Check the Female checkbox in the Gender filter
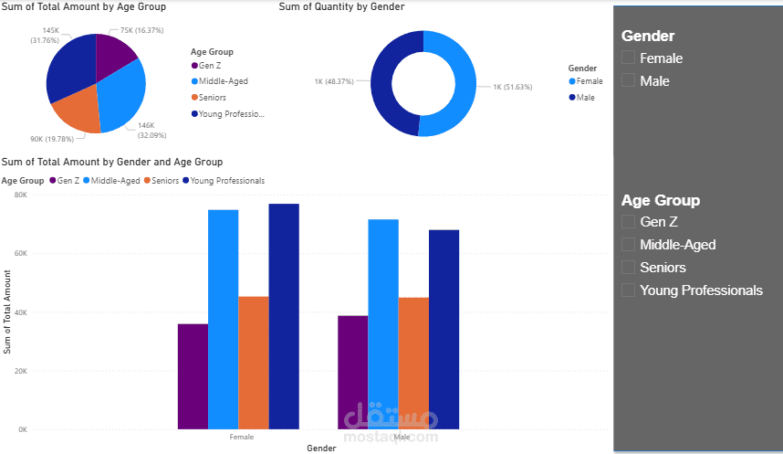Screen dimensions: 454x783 click(628, 58)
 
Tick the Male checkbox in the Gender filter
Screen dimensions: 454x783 click(628, 80)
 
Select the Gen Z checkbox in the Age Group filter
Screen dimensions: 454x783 click(628, 221)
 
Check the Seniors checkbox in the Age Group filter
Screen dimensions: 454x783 click(628, 267)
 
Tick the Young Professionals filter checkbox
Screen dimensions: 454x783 click(628, 290)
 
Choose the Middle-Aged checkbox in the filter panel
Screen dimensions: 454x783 click(628, 244)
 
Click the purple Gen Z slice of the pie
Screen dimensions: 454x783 click(114, 55)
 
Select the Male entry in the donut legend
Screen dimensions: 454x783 click(584, 97)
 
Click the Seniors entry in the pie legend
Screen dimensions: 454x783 click(212, 98)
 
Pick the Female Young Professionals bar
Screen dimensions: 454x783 click(284, 315)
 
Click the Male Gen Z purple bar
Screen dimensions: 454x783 click(352, 372)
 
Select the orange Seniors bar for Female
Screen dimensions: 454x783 click(254, 362)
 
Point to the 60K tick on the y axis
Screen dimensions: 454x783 click(21, 253)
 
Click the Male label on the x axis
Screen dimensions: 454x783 click(402, 437)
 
